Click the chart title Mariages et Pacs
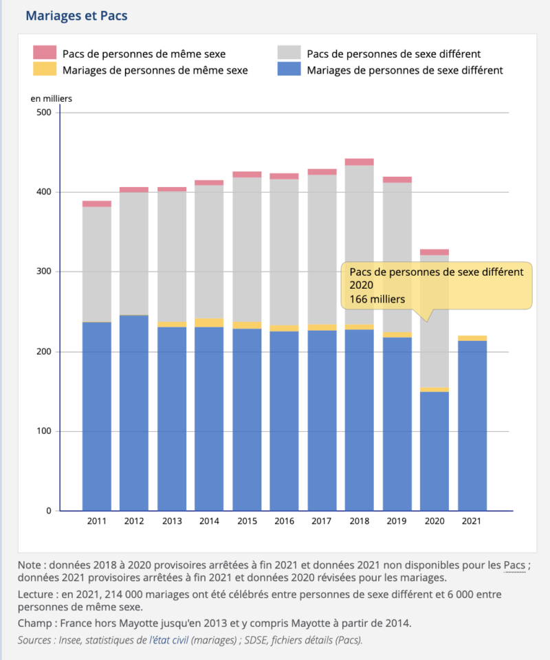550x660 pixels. coord(76,16)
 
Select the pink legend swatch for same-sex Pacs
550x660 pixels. coord(45,52)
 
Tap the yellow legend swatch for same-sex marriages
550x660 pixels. coord(45,69)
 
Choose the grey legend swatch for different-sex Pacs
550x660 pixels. coord(289,52)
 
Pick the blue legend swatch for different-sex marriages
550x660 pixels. coord(289,69)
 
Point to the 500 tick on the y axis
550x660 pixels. coord(44,112)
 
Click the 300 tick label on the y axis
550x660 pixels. coord(44,272)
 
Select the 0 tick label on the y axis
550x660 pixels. coord(49,511)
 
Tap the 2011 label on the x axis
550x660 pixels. coord(97,521)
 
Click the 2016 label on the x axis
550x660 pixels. coord(285,521)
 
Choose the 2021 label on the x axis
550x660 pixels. coord(472,521)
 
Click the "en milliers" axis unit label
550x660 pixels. coord(52,98)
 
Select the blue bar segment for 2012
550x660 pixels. coord(134,413)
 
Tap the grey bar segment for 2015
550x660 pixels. coord(247,250)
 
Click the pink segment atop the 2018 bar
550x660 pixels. coord(360,162)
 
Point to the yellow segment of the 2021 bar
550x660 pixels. coord(472,338)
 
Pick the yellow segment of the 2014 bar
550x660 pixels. coord(209,323)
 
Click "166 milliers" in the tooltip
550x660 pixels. coord(377,299)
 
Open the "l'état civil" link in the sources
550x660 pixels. coord(168,640)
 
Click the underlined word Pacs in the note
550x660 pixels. coord(514,565)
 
